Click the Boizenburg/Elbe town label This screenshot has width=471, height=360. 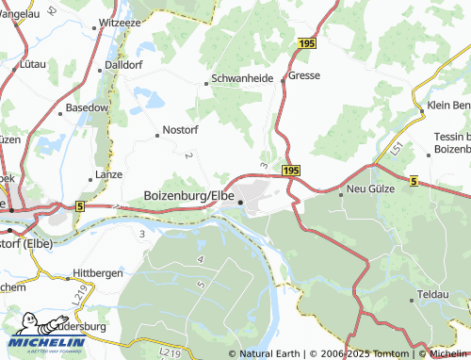(188, 195)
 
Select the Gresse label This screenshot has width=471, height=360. (304, 74)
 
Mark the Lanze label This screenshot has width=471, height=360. (109, 175)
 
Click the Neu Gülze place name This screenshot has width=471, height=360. (368, 188)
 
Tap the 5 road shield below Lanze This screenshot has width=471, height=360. (80, 205)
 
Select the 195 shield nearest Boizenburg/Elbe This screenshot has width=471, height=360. (290, 171)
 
